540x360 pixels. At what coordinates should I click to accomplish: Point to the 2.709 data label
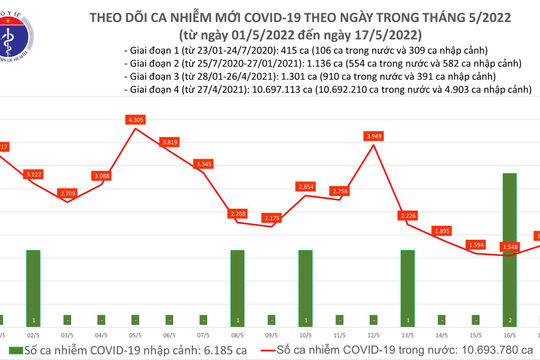(x=68, y=192)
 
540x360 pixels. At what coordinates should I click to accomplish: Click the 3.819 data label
(x=170, y=143)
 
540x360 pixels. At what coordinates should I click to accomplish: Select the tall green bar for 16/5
(x=510, y=243)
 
